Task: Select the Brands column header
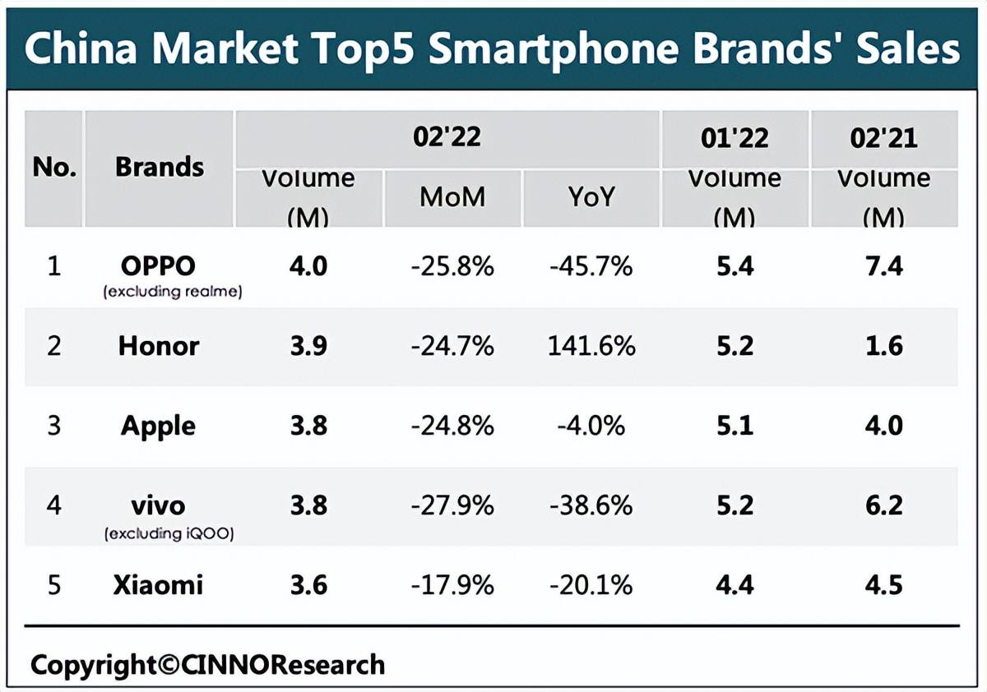tap(160, 167)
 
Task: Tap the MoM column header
tap(452, 196)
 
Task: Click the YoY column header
tap(591, 196)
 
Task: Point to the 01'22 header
tap(734, 138)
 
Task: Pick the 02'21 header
tap(883, 138)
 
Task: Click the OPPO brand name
tap(159, 266)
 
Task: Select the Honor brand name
tap(159, 346)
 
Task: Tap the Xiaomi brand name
tap(158, 585)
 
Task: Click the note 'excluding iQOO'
tap(169, 534)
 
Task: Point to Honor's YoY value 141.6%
tap(591, 346)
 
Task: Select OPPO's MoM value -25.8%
tap(452, 266)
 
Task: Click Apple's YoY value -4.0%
tap(590, 426)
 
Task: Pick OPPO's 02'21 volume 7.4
tap(883, 266)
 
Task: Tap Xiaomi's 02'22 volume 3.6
tap(308, 585)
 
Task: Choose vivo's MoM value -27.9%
tap(452, 505)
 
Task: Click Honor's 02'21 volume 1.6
tap(883, 346)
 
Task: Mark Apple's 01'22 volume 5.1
tap(734, 426)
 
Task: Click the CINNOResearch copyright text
tap(207, 664)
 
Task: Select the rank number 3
tap(54, 426)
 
